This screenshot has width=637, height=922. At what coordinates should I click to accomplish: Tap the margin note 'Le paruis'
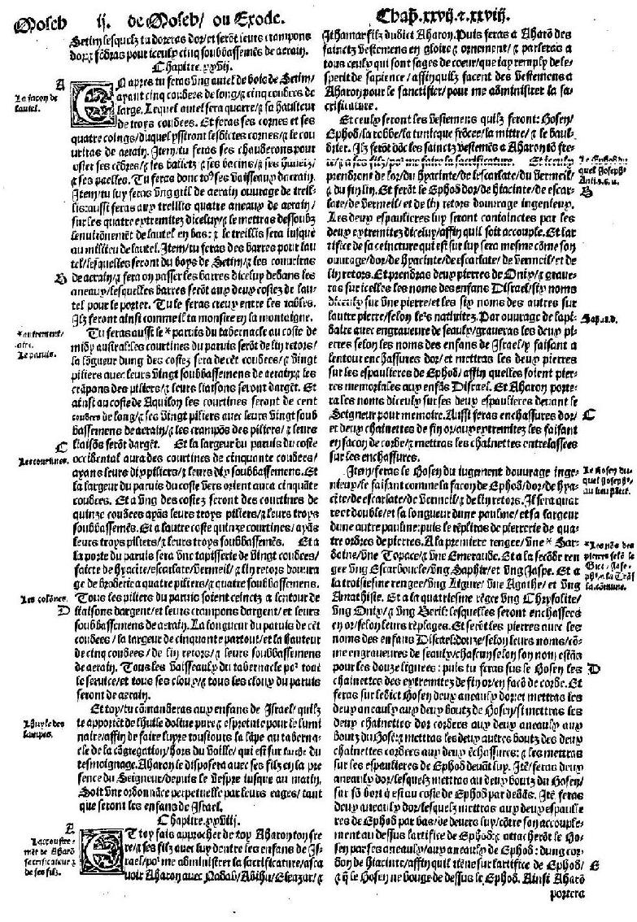[x=30, y=354]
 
